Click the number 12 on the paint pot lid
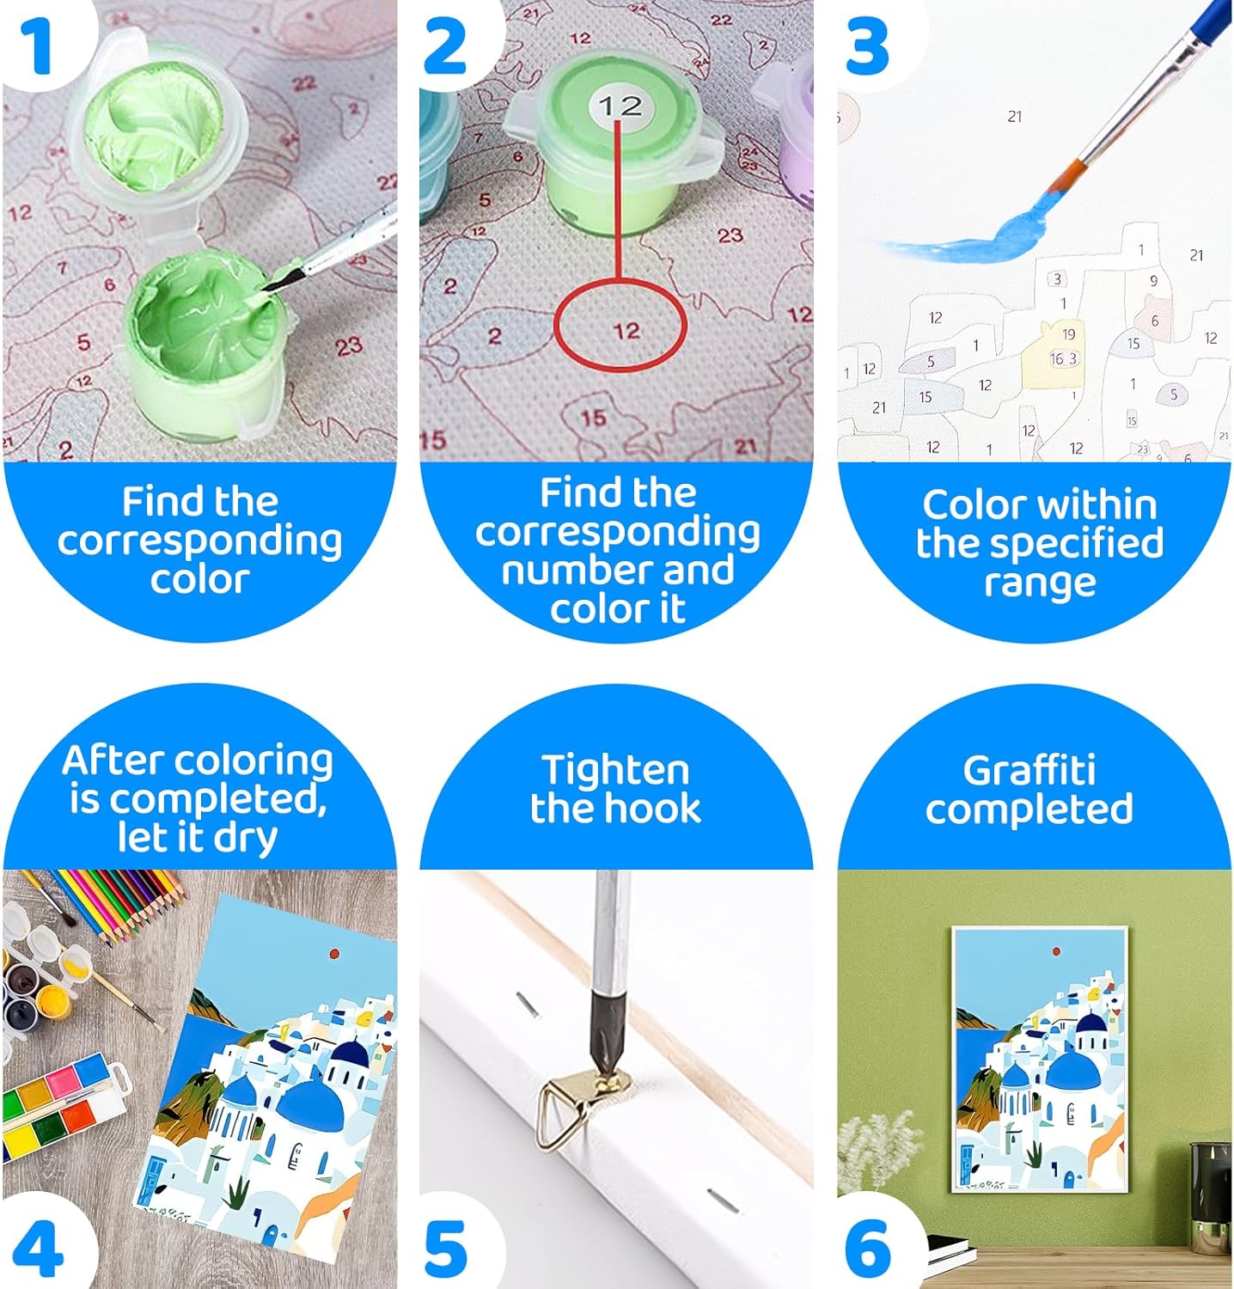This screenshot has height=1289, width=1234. tap(620, 106)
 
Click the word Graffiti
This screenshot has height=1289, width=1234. tap(1029, 770)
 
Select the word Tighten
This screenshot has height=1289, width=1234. tap(615, 771)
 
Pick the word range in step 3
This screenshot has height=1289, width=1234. tap(1040, 583)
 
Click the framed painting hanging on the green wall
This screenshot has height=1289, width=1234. tap(1040, 1060)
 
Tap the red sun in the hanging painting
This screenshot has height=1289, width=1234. tap(1056, 952)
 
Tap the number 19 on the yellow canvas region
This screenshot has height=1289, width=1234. tap(1068, 334)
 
